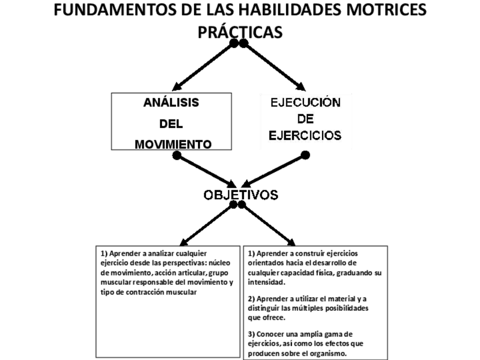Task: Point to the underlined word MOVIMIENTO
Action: [x=173, y=144]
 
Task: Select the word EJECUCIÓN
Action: [x=305, y=103]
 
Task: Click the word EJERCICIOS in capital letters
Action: [x=305, y=136]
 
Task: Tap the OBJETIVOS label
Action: [x=241, y=195]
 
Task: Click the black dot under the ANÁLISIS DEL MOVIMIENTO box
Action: [x=177, y=155]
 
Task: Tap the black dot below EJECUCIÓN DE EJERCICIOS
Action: [x=305, y=155]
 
